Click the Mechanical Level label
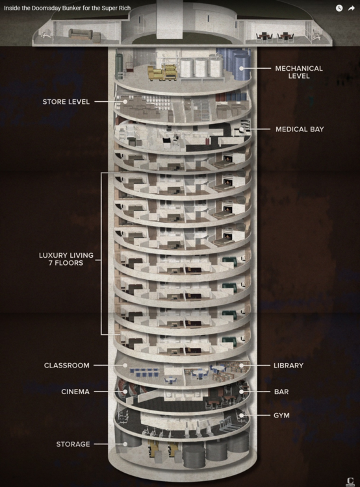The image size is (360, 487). point(298,72)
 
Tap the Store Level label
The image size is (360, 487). point(66,102)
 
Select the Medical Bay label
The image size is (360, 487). point(299,129)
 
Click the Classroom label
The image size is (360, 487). point(66,366)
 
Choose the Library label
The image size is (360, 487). point(289,366)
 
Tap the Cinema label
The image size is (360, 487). point(75,392)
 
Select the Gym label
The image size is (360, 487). point(281,414)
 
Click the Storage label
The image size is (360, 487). point(72,444)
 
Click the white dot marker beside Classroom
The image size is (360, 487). point(125,366)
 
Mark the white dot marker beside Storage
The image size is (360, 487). point(125,444)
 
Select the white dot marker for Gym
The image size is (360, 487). point(241,414)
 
